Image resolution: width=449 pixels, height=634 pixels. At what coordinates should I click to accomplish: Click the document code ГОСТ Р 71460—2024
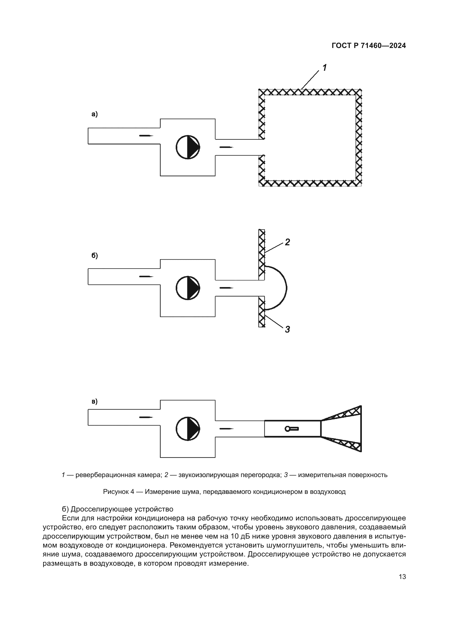[x=369, y=46]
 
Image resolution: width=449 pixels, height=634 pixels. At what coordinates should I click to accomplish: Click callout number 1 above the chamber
[x=324, y=67]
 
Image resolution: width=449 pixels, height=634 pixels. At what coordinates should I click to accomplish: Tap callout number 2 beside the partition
[x=287, y=242]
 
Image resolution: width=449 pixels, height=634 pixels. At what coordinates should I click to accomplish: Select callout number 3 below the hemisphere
[x=287, y=329]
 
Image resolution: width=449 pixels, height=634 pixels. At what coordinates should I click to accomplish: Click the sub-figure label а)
[x=94, y=114]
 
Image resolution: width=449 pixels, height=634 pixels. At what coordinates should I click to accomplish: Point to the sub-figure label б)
[x=94, y=256]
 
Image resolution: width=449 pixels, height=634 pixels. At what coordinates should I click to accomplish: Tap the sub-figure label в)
[x=94, y=401]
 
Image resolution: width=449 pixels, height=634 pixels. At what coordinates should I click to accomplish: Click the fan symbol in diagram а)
[x=188, y=147]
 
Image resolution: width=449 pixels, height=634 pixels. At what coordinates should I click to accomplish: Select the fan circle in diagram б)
[x=188, y=288]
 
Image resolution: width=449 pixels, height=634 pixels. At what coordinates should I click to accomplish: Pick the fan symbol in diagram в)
[x=188, y=429]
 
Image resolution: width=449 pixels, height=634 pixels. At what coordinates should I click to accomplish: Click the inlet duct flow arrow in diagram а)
[x=146, y=136]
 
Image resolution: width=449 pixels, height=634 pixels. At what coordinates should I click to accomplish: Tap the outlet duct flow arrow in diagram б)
[x=226, y=288]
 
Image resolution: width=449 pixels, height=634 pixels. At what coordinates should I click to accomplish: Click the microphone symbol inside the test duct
[x=291, y=429]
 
